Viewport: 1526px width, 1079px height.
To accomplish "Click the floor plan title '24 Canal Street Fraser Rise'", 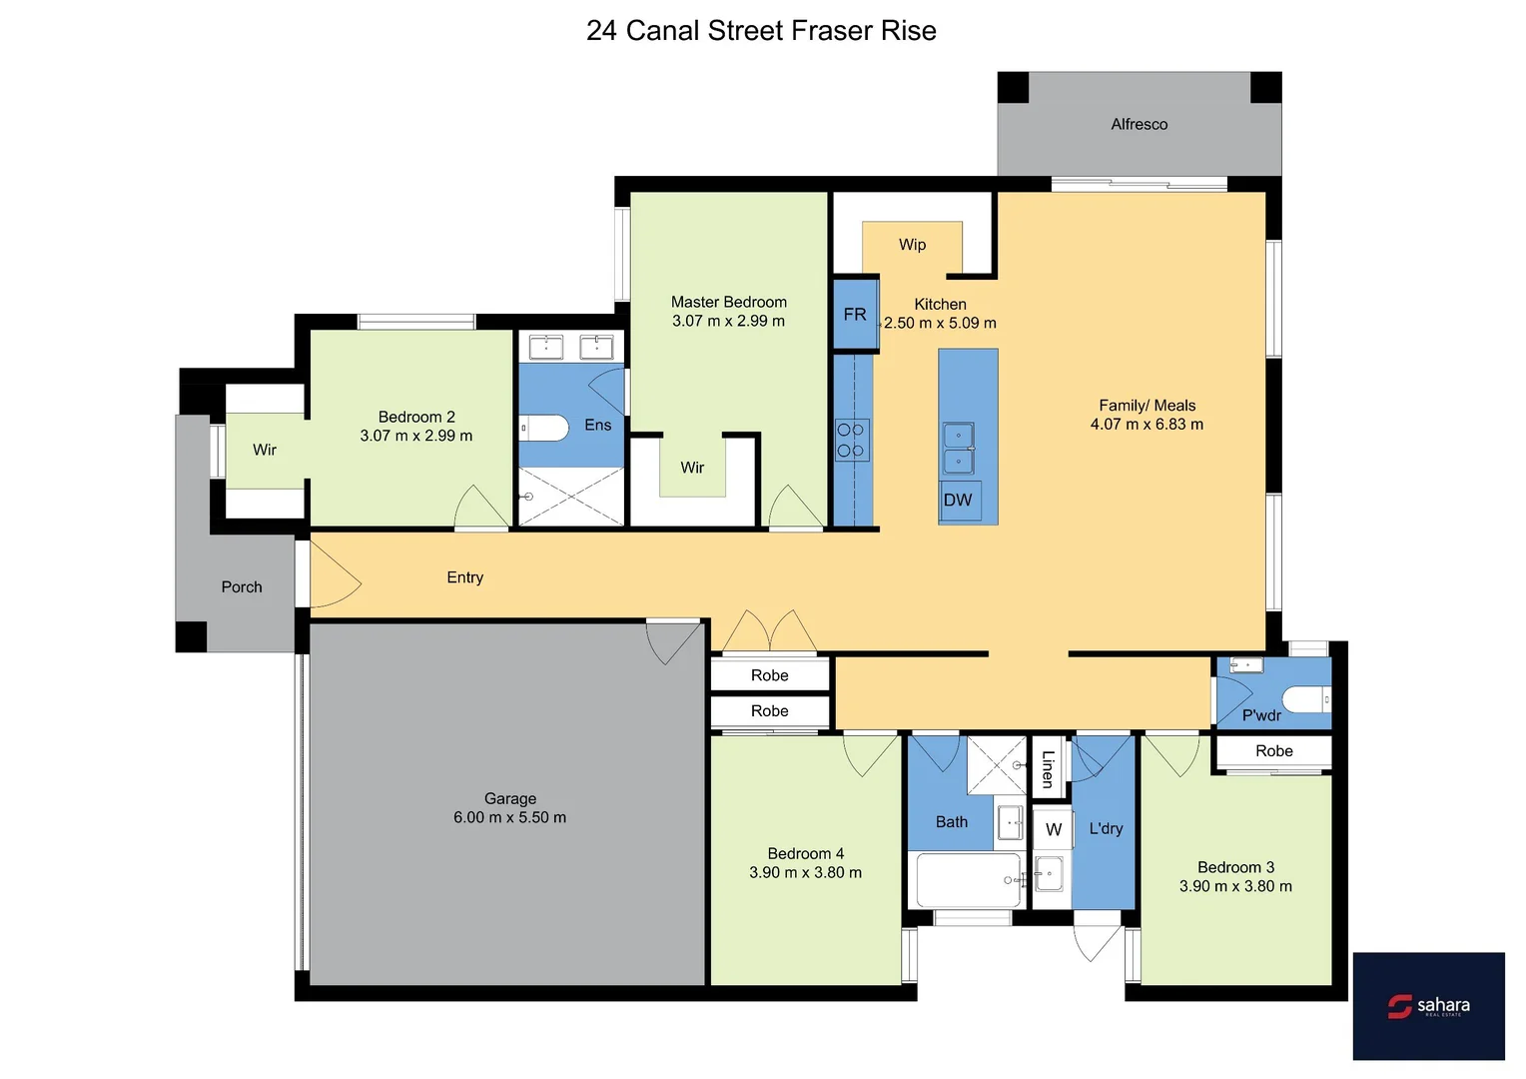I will tap(761, 31).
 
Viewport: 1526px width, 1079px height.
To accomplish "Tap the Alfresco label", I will tap(1139, 124).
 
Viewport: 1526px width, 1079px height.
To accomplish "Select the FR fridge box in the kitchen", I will tap(856, 314).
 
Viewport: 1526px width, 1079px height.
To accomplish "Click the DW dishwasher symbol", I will tap(958, 500).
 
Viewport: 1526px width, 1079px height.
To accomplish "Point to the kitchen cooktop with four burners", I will tap(851, 440).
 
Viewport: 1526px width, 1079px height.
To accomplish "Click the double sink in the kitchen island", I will tap(959, 448).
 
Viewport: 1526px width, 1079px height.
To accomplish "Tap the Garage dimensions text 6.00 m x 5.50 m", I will tap(509, 817).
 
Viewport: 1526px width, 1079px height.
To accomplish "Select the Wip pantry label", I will tap(912, 245).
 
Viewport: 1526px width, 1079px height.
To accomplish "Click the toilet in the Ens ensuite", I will tap(544, 428).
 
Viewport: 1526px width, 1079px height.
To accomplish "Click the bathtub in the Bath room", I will tap(968, 880).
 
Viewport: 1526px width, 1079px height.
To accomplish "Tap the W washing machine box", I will tap(1053, 829).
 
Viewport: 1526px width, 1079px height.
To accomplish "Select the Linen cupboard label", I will tap(1048, 768).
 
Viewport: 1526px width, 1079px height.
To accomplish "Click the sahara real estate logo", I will tap(1428, 1006).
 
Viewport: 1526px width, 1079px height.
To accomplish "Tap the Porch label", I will tap(242, 587).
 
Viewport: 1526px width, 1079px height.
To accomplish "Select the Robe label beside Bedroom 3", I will tap(1273, 751).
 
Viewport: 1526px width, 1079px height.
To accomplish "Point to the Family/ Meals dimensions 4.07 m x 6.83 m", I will tap(1146, 425).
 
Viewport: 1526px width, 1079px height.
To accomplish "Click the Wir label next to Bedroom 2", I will tap(265, 450).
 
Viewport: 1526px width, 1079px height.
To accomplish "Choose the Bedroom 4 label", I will tap(805, 853).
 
